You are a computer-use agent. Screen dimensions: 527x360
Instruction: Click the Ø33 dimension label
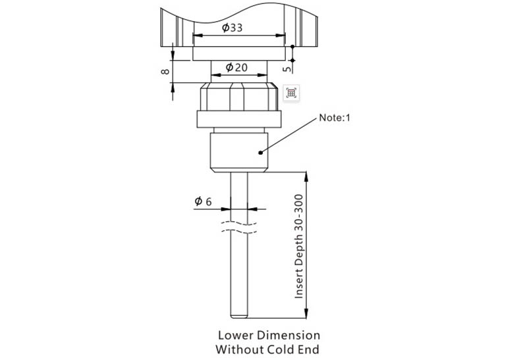pyautogui.click(x=232, y=28)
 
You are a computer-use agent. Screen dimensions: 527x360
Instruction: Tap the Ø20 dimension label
pyautogui.click(x=236, y=68)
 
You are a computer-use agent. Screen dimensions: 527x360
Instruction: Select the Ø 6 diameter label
pyautogui.click(x=204, y=201)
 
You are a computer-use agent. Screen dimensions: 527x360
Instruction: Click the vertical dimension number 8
pyautogui.click(x=165, y=71)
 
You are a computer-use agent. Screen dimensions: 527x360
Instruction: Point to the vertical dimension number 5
pyautogui.click(x=287, y=69)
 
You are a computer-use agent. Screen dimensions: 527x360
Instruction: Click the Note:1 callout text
pyautogui.click(x=335, y=118)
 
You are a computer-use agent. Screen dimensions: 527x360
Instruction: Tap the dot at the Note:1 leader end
pyautogui.click(x=260, y=153)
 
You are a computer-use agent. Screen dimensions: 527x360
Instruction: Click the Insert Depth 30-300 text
pyautogui.click(x=299, y=246)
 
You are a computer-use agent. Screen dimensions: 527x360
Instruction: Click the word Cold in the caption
pyautogui.click(x=281, y=349)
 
